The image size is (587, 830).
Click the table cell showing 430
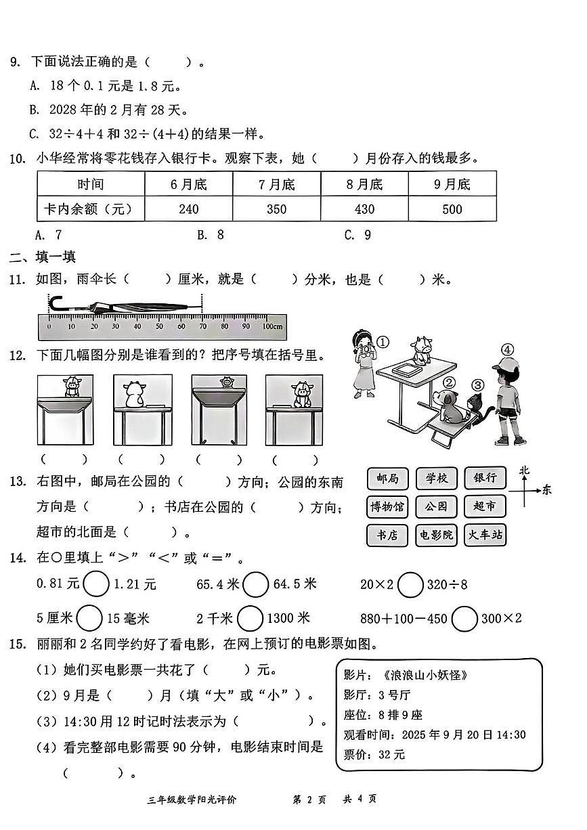[364, 209]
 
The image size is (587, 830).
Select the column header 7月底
[276, 184]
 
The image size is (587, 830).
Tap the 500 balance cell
[452, 209]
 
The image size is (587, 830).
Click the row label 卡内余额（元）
[82, 209]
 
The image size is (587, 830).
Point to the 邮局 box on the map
[387, 479]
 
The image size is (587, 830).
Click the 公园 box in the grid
[436, 506]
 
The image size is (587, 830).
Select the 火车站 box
[485, 535]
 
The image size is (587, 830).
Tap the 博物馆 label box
[387, 506]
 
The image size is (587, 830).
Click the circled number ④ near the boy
[508, 350]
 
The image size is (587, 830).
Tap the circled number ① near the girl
[383, 342]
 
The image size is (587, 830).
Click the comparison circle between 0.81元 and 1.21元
[97, 584]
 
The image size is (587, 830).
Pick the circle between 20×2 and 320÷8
[410, 584]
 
